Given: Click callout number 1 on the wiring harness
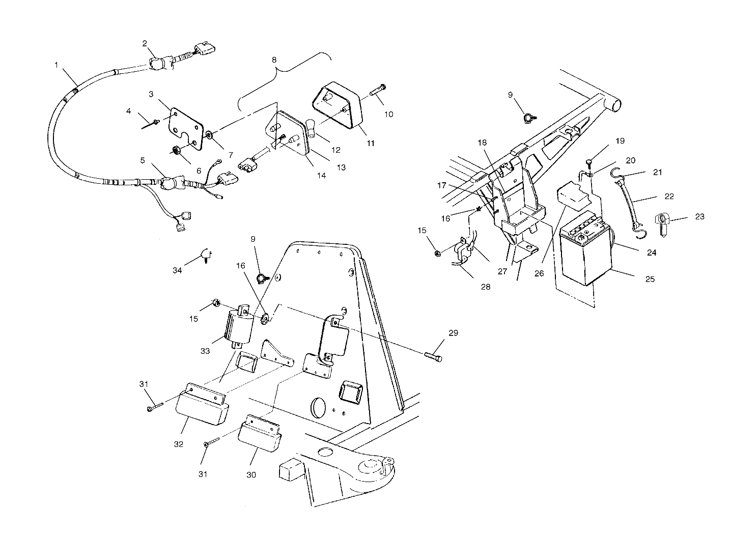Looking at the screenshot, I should tap(56, 65).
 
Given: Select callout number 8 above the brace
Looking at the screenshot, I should tap(274, 60).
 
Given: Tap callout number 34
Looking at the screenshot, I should tap(177, 271).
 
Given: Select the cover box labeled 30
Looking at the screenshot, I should tap(261, 433).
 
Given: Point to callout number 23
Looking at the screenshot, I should tap(700, 216).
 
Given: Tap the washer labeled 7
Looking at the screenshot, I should tap(210, 135).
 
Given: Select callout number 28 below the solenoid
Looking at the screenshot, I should tap(486, 287).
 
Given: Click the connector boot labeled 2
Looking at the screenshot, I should tap(158, 64).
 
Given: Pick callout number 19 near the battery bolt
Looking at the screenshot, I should tap(620, 140).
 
